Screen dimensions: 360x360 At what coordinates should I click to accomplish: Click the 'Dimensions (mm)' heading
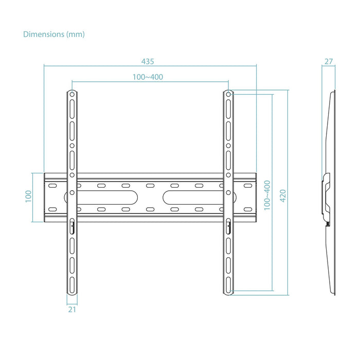[54, 34]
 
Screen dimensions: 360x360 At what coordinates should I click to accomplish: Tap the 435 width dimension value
[148, 61]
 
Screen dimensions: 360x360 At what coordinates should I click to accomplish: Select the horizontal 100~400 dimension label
[148, 77]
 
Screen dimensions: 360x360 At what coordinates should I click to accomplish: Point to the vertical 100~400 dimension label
[266, 201]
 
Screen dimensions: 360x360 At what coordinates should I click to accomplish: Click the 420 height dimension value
[282, 194]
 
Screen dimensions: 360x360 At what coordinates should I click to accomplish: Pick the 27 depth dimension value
[329, 61]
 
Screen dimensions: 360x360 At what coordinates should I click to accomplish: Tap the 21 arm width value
[72, 310]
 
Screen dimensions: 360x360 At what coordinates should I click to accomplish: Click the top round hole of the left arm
[72, 95]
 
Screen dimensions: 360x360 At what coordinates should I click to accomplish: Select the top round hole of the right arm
[229, 95]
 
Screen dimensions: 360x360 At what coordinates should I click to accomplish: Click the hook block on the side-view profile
[326, 195]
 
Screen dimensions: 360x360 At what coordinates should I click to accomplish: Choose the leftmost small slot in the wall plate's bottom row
[52, 209]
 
